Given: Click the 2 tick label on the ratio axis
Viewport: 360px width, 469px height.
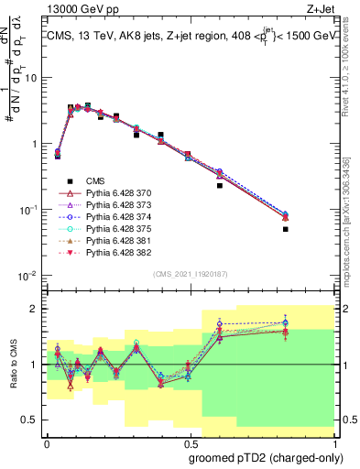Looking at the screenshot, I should (x=36, y=308).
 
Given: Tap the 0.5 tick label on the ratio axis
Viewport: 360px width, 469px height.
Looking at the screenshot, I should (x=32, y=420).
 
